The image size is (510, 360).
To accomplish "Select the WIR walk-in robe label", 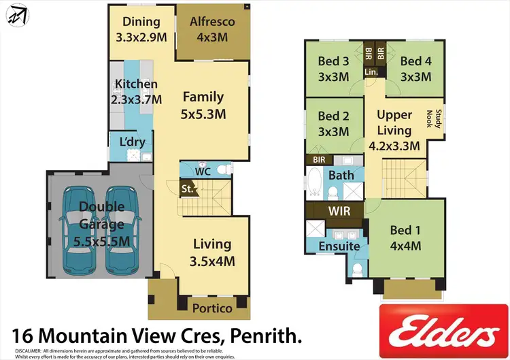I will tap(339, 211).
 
